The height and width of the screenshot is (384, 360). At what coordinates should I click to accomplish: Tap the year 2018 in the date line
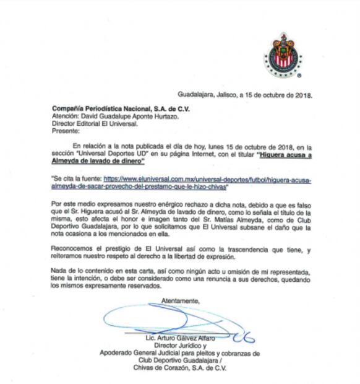pyautogui.click(x=301, y=95)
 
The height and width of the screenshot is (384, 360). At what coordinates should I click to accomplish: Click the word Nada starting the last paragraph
pyautogui.click(x=60, y=273)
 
